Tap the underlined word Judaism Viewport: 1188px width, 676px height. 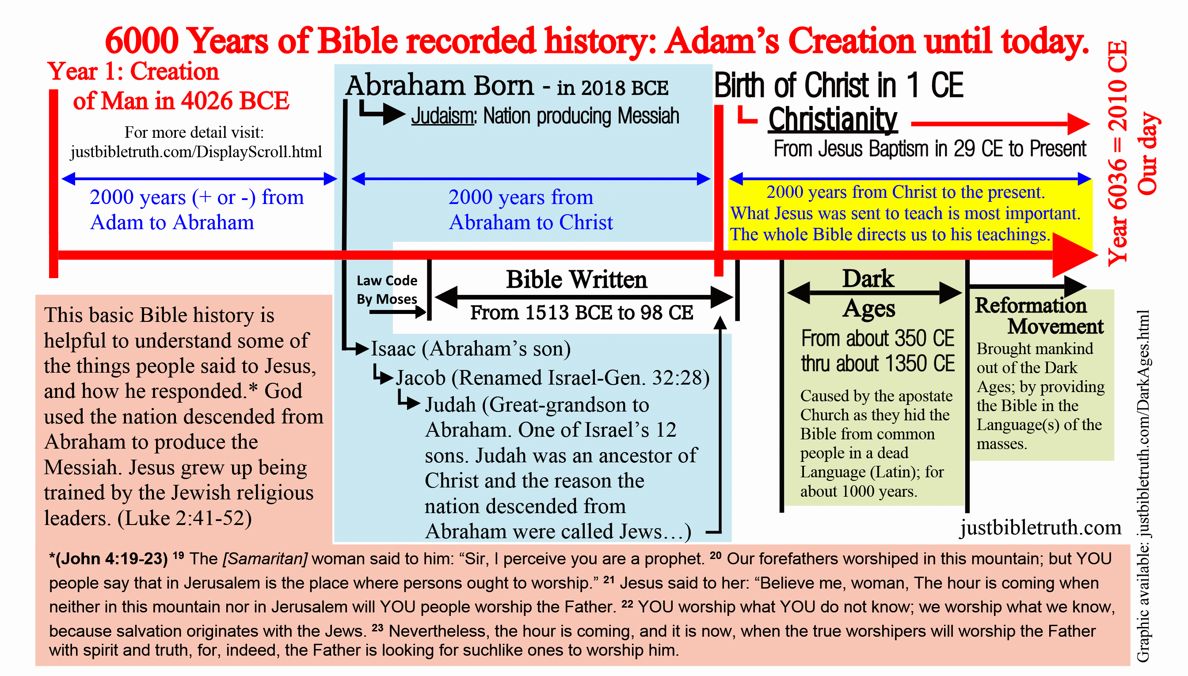(443, 116)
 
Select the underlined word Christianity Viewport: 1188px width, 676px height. (833, 120)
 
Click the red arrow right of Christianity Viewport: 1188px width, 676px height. (1000, 124)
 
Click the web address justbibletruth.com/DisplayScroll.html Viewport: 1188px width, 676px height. (196, 152)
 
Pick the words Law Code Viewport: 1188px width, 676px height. (387, 280)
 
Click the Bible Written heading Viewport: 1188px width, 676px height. (577, 279)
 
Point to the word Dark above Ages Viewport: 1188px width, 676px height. (868, 279)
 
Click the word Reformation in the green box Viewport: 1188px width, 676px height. (1031, 306)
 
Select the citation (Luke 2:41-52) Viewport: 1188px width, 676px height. (184, 518)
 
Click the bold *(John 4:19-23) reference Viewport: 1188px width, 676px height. (108, 559)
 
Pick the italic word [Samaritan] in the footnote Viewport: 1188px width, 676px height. (265, 559)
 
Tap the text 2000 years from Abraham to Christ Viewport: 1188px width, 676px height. (531, 210)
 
